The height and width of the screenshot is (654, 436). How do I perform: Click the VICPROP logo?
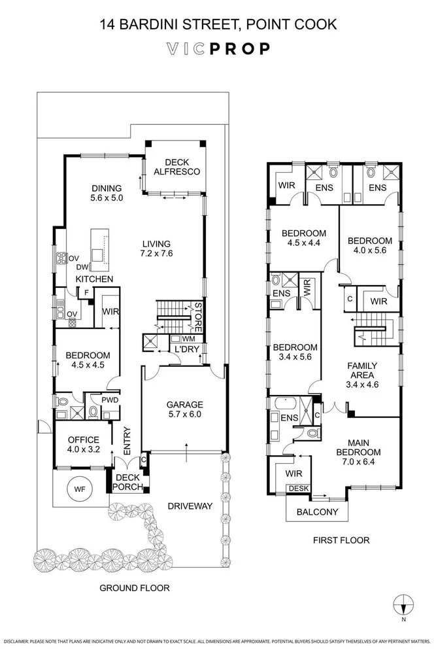[x=218, y=49]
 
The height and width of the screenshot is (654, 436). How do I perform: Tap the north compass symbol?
[x=403, y=604]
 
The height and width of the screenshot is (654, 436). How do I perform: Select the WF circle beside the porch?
[x=80, y=489]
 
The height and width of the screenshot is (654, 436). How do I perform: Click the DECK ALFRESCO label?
[x=176, y=167]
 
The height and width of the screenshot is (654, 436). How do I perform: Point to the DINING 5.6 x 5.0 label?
[x=107, y=193]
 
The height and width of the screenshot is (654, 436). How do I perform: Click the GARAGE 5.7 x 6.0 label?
[x=184, y=409]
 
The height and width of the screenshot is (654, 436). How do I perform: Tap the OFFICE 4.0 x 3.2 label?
[x=84, y=445]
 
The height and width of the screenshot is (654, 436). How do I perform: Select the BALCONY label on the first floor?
[x=317, y=512]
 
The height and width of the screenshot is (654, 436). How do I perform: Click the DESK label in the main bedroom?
[x=299, y=489]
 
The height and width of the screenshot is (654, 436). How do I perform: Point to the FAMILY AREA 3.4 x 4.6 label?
[x=362, y=375]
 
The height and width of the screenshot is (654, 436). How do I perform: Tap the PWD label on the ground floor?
[x=110, y=400]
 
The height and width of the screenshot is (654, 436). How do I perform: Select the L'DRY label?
[x=187, y=349]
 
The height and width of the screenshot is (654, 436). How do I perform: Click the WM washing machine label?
[x=188, y=339]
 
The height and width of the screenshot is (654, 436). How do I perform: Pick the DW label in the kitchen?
[x=82, y=267]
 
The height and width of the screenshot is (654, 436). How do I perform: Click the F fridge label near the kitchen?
[x=86, y=293]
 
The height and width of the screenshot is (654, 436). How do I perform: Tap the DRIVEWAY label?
[x=190, y=506]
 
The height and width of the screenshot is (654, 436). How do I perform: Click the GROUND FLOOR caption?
[x=134, y=588]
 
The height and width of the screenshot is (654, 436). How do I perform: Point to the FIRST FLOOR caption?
[x=341, y=540]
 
